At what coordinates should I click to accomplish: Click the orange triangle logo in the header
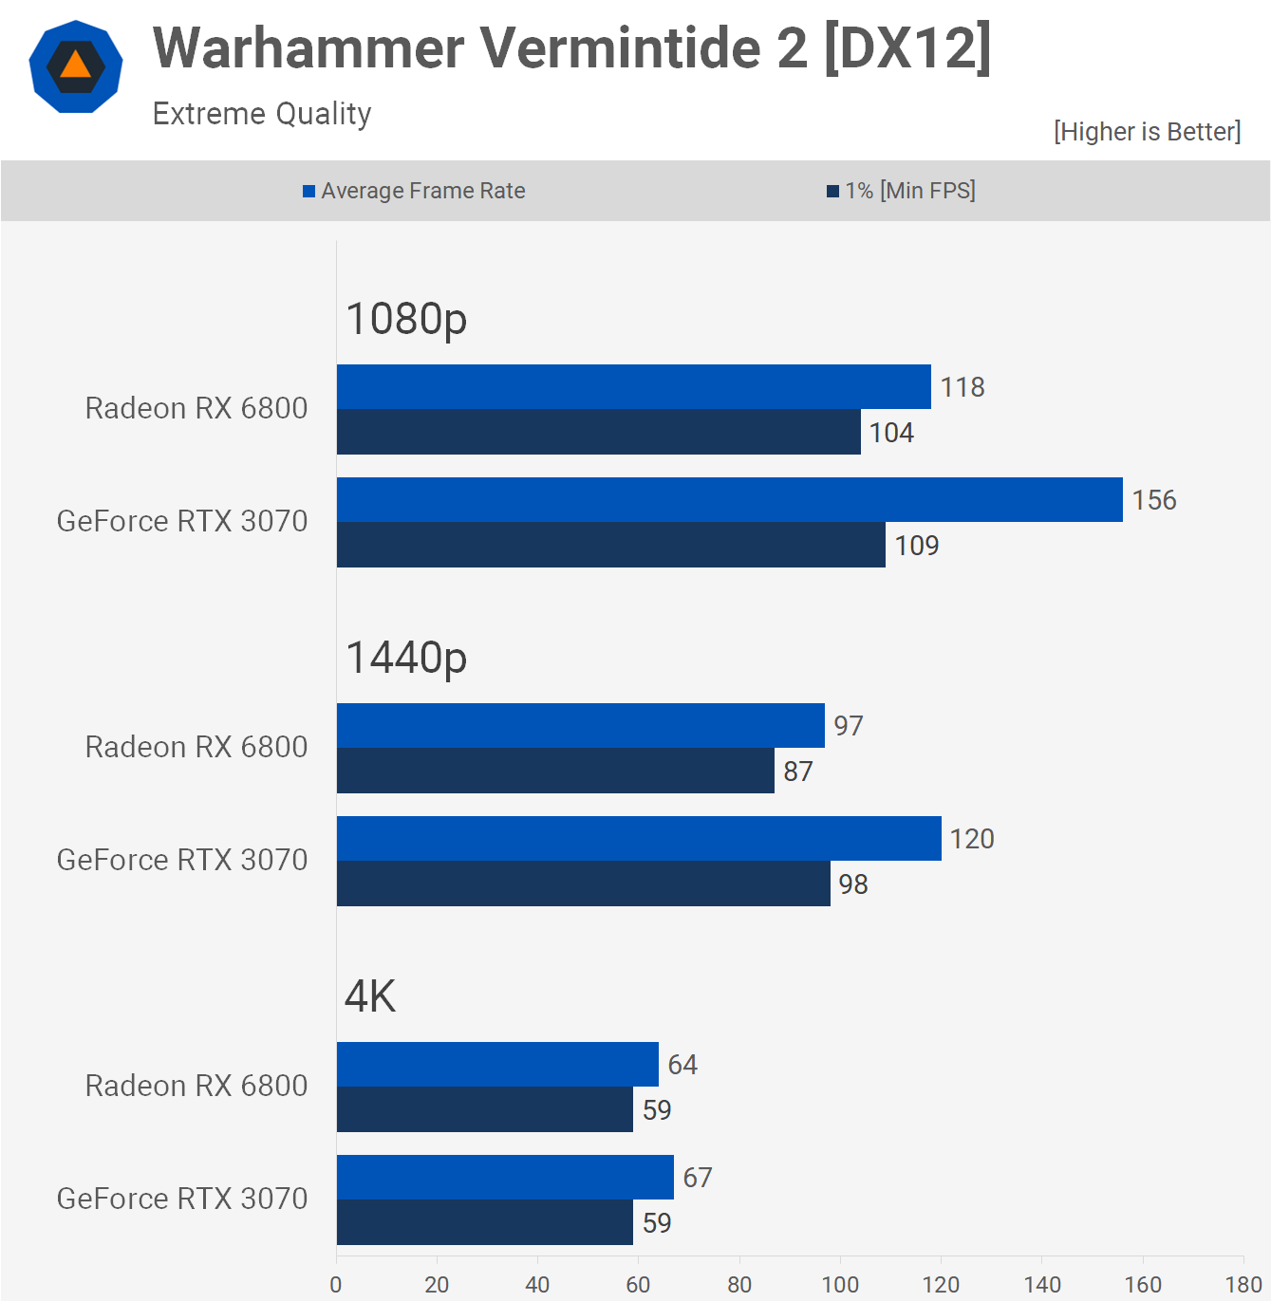pyautogui.click(x=76, y=66)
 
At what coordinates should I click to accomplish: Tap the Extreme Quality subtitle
pyautogui.click(x=262, y=114)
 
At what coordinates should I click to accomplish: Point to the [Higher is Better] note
pyautogui.click(x=1147, y=131)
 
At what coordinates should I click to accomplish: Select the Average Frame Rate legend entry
pyautogui.click(x=414, y=191)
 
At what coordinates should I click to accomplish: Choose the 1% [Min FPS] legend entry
pyautogui.click(x=901, y=191)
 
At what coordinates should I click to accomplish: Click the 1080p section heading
pyautogui.click(x=406, y=319)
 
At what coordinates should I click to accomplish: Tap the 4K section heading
pyautogui.click(x=370, y=996)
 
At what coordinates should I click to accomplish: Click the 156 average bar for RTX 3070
pyautogui.click(x=729, y=500)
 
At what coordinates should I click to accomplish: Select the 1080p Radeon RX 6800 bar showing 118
pyautogui.click(x=633, y=387)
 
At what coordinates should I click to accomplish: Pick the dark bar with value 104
pyautogui.click(x=598, y=432)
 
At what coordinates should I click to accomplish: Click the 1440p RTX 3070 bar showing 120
pyautogui.click(x=639, y=839)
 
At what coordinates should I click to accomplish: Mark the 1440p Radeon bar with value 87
pyautogui.click(x=555, y=771)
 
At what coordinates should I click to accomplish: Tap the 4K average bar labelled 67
pyautogui.click(x=505, y=1178)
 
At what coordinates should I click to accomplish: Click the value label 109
pyautogui.click(x=916, y=546)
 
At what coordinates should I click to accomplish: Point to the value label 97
pyautogui.click(x=849, y=726)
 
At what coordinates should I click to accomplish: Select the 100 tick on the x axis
pyautogui.click(x=840, y=1284)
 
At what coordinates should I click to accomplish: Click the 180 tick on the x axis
pyautogui.click(x=1243, y=1284)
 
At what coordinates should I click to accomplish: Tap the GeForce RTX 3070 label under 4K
pyautogui.click(x=182, y=1199)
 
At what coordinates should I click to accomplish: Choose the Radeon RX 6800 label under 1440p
pyautogui.click(x=196, y=747)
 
